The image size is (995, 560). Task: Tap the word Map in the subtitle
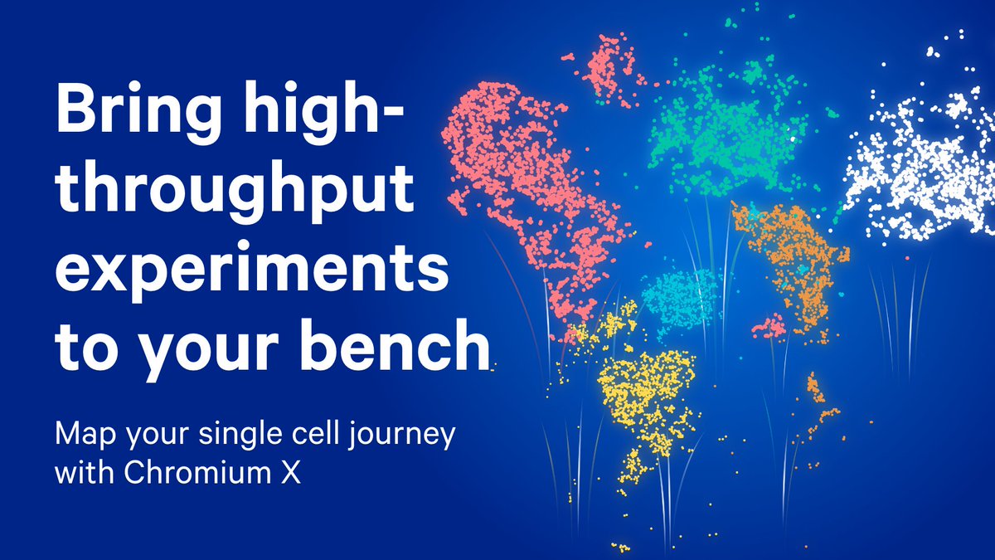pos(82,435)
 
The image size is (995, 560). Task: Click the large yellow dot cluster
pos(647,398)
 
